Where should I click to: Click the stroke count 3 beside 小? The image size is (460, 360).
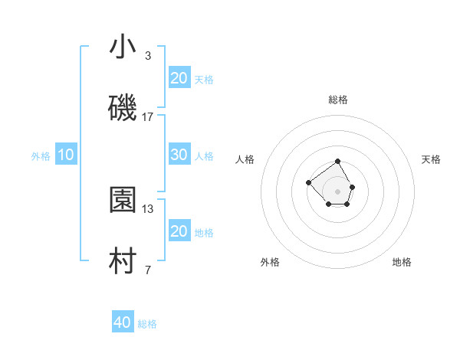point(148,56)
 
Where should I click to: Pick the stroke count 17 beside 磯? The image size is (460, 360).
point(148,117)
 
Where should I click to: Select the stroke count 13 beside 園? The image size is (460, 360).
point(148,208)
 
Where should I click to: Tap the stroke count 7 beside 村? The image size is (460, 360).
point(148,270)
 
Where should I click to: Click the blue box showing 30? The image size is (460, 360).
point(179,155)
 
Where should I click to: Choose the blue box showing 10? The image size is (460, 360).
point(66,155)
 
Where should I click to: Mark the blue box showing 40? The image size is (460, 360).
point(123,322)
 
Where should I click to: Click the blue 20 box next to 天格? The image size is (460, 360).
point(179,78)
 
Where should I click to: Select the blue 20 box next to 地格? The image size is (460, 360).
point(179,231)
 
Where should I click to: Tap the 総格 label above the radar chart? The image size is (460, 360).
point(338,100)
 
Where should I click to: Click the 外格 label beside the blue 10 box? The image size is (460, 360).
point(41,156)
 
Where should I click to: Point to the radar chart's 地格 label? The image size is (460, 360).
point(402,262)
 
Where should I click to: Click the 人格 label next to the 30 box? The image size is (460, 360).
point(204,156)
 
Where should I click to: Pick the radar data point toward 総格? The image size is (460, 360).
point(338,162)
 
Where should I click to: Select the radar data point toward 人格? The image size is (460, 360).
point(308,182)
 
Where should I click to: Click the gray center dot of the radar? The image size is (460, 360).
point(338,191)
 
